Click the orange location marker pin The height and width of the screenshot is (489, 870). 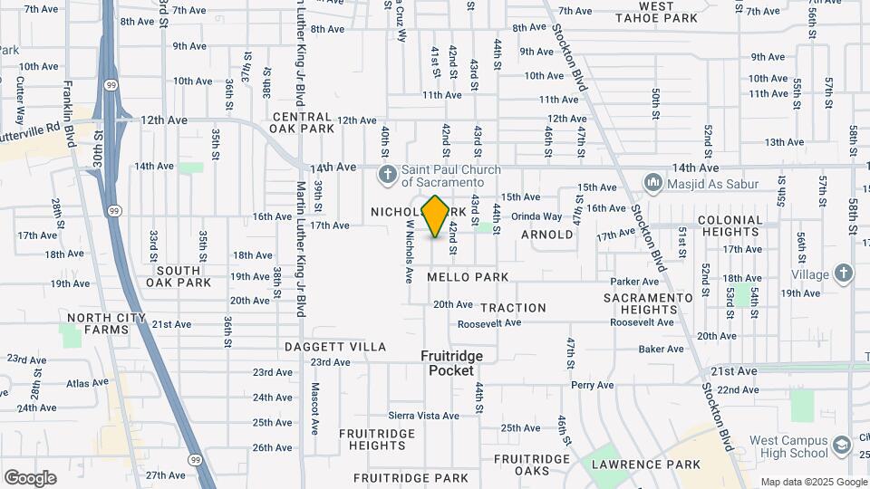pos(436,216)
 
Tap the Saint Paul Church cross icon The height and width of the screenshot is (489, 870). pos(387,174)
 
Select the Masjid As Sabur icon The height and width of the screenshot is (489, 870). pos(653,184)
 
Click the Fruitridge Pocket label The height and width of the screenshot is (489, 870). pos(451,363)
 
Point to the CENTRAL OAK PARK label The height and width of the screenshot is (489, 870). pos(302,123)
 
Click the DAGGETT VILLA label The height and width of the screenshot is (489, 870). pos(335,347)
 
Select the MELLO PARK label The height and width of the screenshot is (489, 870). pos(468,277)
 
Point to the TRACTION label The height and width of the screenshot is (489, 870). pos(513,308)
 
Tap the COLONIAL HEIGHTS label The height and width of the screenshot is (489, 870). pos(730,226)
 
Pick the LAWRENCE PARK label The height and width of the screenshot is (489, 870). pos(646,465)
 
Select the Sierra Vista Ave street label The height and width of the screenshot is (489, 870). pos(424,415)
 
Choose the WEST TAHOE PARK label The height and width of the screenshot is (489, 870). pos(669,12)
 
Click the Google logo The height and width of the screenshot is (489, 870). pos(30,478)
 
